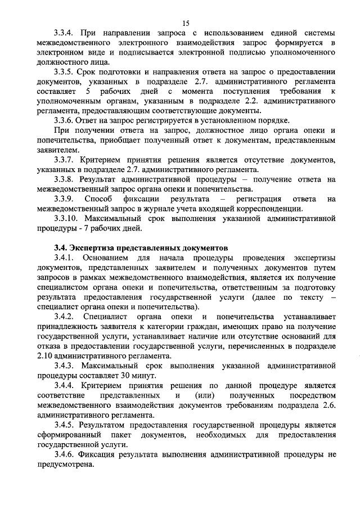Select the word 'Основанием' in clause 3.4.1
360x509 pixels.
(x=106, y=258)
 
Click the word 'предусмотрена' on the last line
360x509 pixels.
(x=64, y=465)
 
